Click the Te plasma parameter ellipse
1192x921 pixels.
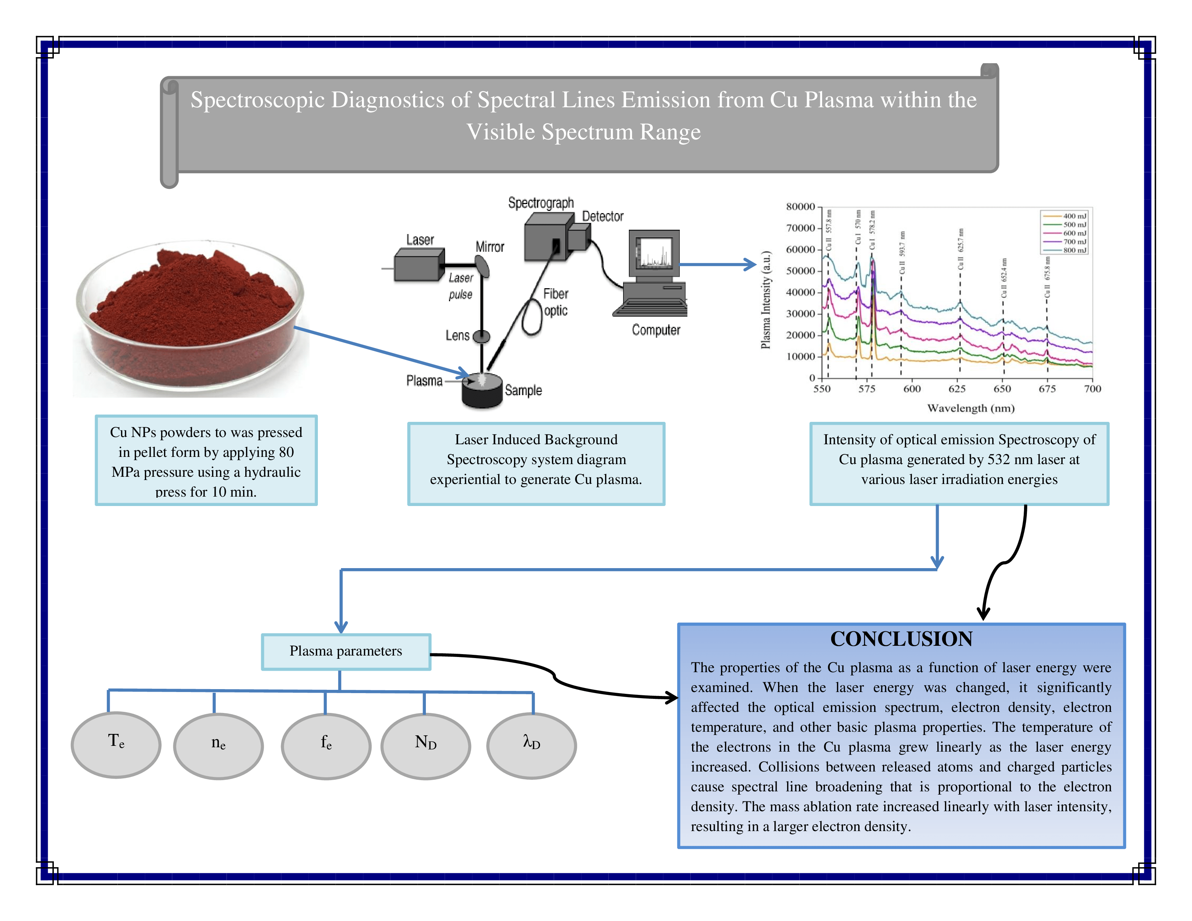[116, 745]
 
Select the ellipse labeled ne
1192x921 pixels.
[218, 746]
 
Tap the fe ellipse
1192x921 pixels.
[326, 746]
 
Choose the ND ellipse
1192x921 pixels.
[426, 746]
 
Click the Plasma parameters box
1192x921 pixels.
[346, 652]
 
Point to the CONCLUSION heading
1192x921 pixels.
[901, 639]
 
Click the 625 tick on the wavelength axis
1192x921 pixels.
[957, 389]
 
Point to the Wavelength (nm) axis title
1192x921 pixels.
[971, 408]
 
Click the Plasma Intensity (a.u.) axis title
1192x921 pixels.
[766, 299]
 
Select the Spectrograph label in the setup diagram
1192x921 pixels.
[541, 203]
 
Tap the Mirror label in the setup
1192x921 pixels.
[489, 247]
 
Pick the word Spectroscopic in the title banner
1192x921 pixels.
[257, 100]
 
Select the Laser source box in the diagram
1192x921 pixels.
[419, 265]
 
